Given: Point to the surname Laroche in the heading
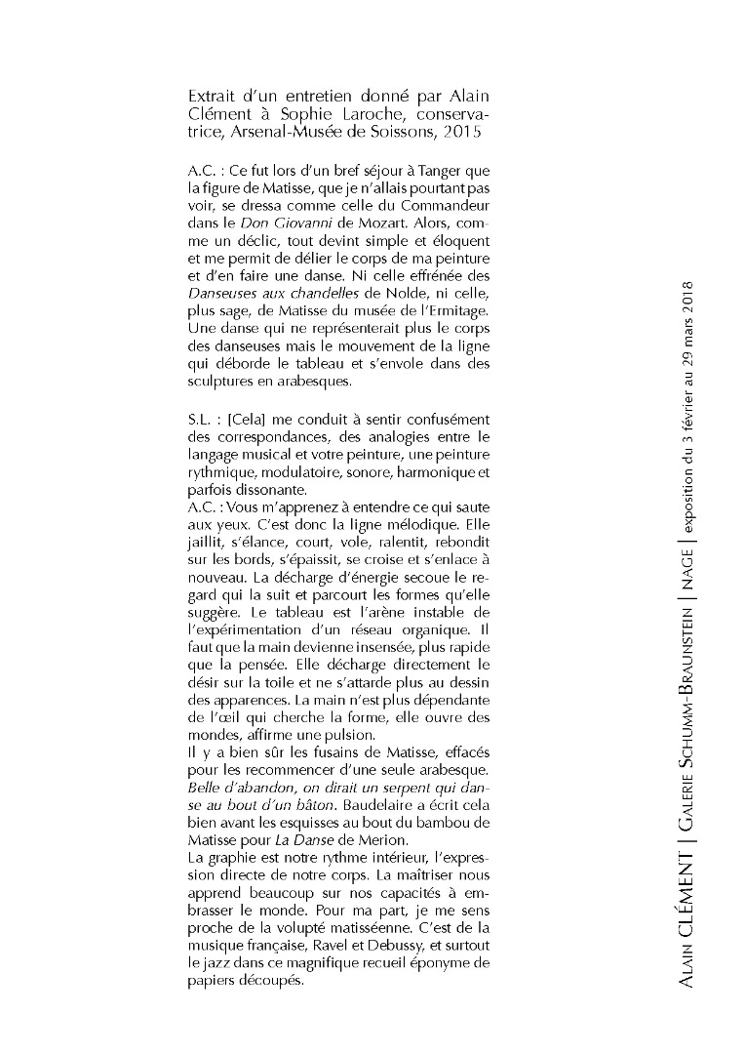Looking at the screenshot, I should [x=327, y=113].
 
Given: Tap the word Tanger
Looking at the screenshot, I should [x=433, y=170].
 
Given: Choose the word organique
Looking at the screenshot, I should [x=432, y=629].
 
